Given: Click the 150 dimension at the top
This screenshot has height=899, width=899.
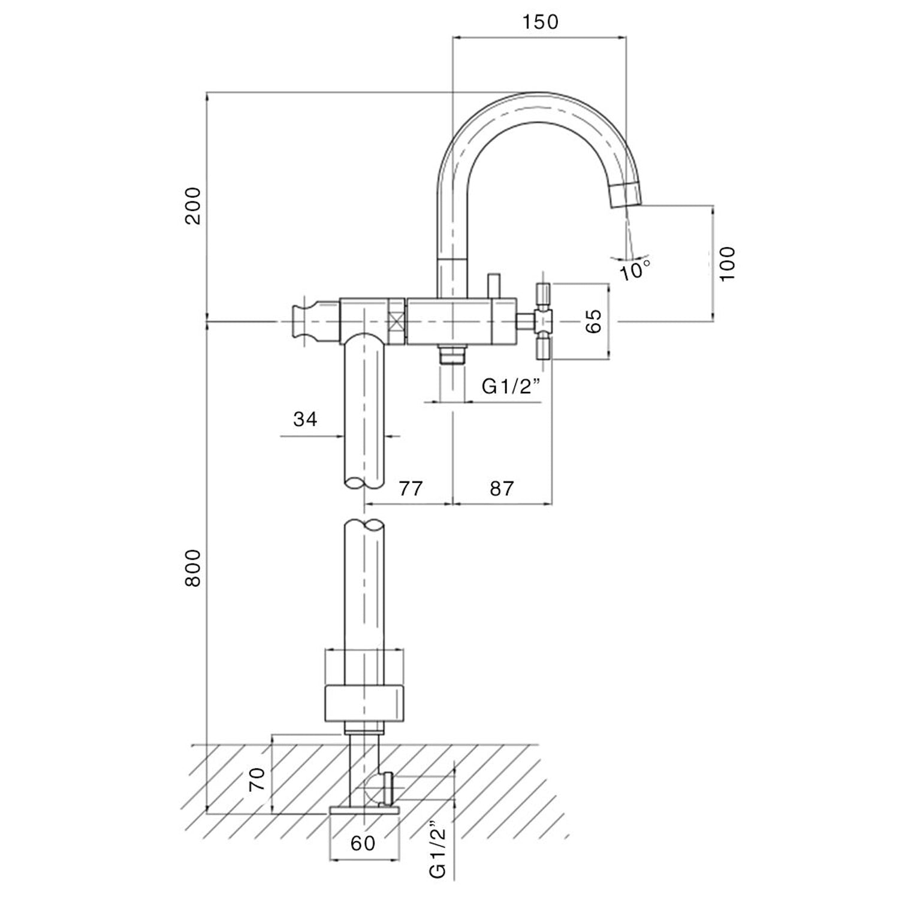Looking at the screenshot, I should (539, 22).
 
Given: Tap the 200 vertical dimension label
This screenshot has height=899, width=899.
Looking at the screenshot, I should (193, 206).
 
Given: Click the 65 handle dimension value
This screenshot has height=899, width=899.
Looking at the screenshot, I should (593, 322).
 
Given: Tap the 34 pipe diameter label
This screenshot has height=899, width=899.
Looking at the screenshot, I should (305, 419).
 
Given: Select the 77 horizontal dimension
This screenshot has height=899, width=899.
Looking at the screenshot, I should (411, 488).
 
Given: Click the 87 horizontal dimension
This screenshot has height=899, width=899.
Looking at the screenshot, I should (502, 488).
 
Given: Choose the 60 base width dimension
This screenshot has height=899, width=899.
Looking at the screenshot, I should (363, 843).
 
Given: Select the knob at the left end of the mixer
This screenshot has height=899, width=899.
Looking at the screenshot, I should (304, 322).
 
